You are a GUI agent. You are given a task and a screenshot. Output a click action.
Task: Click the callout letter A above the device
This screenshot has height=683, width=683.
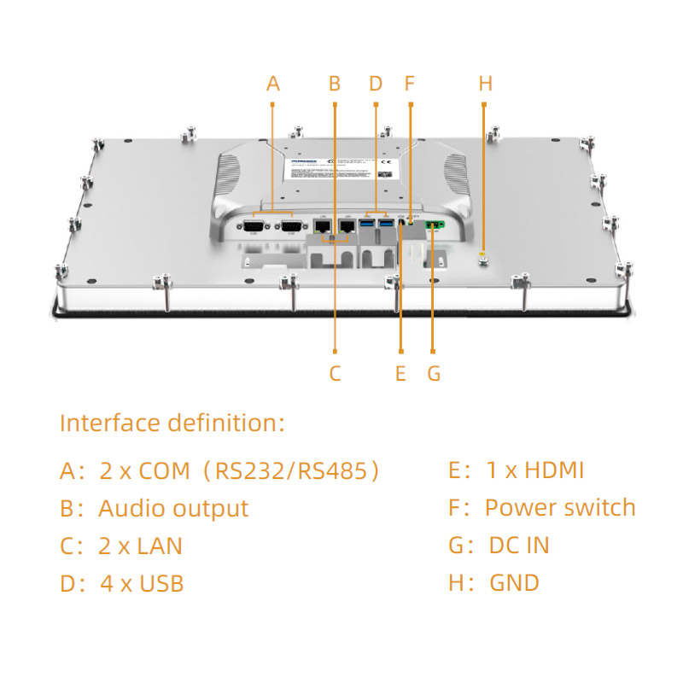pyautogui.click(x=273, y=84)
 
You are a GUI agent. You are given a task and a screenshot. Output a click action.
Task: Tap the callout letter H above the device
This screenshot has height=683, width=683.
pyautogui.click(x=486, y=84)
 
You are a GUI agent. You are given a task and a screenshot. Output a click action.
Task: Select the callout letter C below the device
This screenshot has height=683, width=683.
pyautogui.click(x=335, y=373)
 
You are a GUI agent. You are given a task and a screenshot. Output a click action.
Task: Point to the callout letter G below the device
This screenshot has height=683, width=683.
pyautogui.click(x=434, y=373)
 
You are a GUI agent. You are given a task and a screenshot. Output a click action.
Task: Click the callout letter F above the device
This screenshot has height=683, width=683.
pyautogui.click(x=409, y=84)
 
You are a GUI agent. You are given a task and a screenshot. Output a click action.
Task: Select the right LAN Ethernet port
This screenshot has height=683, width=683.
pyautogui.click(x=348, y=226)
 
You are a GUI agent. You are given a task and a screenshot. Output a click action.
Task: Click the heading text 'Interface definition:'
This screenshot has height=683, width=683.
pyautogui.click(x=172, y=423)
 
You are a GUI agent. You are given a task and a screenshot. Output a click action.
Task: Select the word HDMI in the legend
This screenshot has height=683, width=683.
pyautogui.click(x=554, y=470)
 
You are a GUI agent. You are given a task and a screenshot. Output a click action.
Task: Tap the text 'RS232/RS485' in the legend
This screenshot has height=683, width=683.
pyautogui.click(x=295, y=470)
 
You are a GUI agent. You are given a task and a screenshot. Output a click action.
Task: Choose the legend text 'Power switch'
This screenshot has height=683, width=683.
pyautogui.click(x=560, y=507)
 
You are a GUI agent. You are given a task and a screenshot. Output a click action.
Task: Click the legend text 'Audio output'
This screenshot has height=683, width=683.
pyautogui.click(x=173, y=508)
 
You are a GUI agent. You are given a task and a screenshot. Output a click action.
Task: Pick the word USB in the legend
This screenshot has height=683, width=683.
pyautogui.click(x=161, y=584)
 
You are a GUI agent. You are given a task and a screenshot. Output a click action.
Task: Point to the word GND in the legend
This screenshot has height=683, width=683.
pyautogui.click(x=514, y=583)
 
